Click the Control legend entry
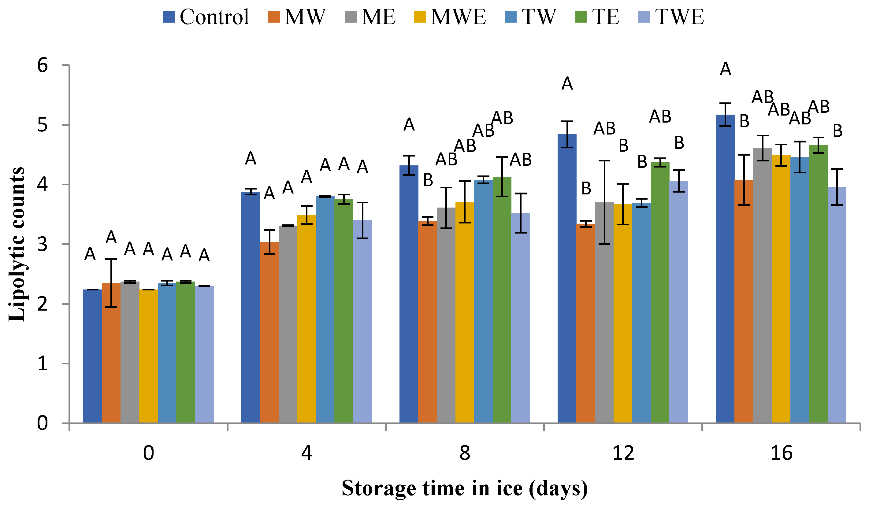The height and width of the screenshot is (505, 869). [206, 17]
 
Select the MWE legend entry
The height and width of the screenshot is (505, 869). [450, 17]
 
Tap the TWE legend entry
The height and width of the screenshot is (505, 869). [671, 17]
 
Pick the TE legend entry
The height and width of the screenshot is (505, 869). [597, 17]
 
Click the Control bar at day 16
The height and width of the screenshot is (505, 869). [725, 269]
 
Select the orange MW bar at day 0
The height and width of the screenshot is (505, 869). [111, 353]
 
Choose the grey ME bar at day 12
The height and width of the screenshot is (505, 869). [604, 313]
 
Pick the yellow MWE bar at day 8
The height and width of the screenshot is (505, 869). [465, 312]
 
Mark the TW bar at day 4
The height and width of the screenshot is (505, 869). [325, 310]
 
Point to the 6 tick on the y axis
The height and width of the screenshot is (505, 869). [65, 65]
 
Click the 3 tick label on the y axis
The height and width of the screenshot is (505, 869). [43, 245]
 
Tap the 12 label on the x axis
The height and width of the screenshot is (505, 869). [623, 453]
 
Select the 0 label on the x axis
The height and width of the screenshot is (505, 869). [148, 453]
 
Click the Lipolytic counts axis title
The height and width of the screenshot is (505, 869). [17, 245]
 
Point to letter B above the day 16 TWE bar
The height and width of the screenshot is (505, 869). [837, 131]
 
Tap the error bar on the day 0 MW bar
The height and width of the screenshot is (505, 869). [111, 283]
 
